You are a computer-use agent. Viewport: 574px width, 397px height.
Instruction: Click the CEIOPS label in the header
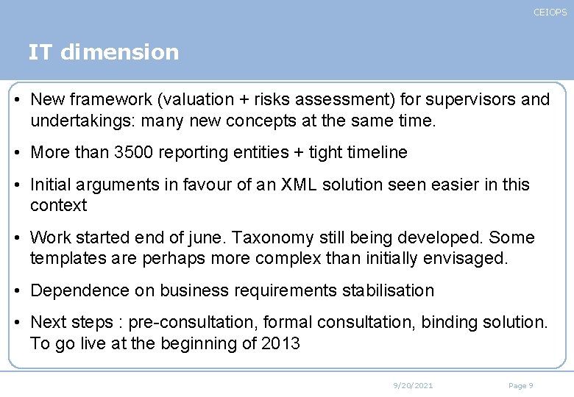[550, 12]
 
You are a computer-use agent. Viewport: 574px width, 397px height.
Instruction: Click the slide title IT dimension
[103, 52]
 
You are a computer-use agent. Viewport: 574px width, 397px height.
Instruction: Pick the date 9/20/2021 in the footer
[413, 385]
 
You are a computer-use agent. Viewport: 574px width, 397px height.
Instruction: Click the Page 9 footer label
[520, 385]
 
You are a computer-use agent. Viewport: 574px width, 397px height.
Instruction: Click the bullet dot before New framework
[19, 99]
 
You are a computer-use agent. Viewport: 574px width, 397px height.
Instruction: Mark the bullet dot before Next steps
[19, 323]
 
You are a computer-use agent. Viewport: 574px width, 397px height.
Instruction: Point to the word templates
[65, 258]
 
